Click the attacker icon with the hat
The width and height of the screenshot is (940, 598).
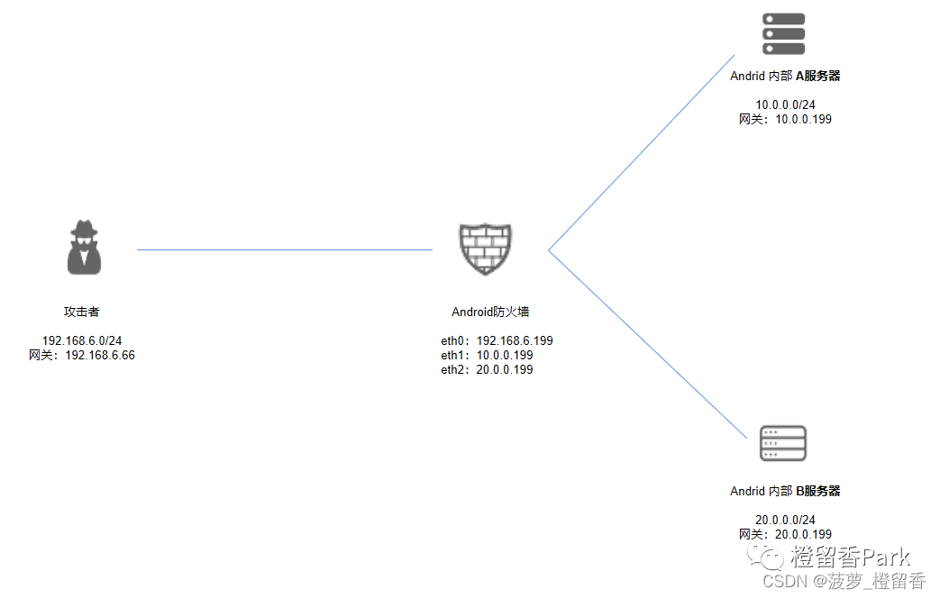pos(84,247)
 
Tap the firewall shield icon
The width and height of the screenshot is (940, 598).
pos(485,249)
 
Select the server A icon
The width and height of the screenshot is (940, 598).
pos(783,34)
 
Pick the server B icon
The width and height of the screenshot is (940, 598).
pos(783,443)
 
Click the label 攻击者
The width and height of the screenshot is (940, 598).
pos(81,312)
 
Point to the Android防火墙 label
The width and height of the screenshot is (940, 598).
pos(490,313)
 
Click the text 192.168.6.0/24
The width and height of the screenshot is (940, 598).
pos(82,341)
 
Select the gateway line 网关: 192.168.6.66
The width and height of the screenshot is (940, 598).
pos(82,356)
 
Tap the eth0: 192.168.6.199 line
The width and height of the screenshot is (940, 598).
pos(497,341)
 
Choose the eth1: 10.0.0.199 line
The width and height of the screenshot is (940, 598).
pos(487,356)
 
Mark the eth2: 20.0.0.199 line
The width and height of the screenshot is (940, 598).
pos(487,370)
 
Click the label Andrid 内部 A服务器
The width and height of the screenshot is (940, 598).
pos(785,77)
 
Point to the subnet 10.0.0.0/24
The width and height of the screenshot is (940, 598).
pos(785,104)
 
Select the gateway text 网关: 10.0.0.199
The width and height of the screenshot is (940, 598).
pos(785,119)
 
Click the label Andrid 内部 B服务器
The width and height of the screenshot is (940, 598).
pos(785,492)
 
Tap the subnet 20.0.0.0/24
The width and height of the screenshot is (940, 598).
pos(785,520)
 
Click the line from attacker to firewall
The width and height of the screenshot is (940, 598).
pos(285,249)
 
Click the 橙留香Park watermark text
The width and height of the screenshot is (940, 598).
pos(850,557)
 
